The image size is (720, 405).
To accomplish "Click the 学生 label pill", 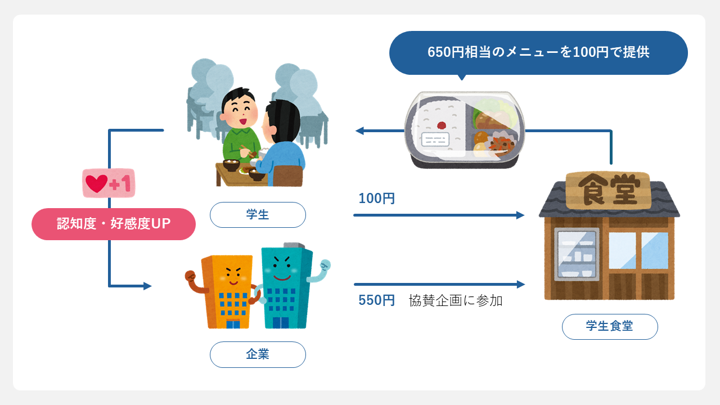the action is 258,215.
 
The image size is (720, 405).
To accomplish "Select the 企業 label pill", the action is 258,354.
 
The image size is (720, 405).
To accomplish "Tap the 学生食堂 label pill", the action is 610,327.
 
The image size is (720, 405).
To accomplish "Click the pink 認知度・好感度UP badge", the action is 114,224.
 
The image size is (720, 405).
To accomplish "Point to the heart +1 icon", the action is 109,183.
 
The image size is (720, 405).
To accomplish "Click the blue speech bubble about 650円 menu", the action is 538,53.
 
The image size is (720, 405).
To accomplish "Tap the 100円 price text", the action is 376,199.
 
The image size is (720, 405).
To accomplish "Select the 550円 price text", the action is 376,300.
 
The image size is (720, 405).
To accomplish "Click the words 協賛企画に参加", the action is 456,300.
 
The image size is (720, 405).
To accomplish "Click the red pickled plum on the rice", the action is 442,125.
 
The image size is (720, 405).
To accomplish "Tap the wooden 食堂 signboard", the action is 608,190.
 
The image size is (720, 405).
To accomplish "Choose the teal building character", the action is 287,286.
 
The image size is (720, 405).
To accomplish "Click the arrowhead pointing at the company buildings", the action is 147,286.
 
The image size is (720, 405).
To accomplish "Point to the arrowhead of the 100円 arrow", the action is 520,215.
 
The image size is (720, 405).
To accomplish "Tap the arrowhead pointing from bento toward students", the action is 359,130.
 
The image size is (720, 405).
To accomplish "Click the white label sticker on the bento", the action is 435,139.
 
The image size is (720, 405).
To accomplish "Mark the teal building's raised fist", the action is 325,265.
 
